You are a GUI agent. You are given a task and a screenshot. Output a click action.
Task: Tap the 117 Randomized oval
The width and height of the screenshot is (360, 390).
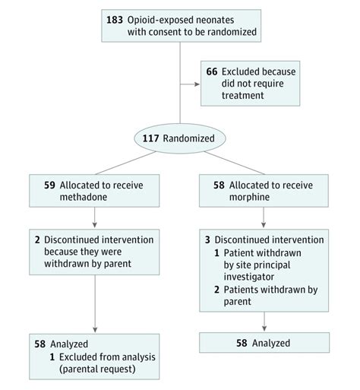pyautogui.click(x=180, y=139)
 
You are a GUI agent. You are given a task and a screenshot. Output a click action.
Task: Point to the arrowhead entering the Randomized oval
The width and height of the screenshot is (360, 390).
pyautogui.click(x=180, y=125)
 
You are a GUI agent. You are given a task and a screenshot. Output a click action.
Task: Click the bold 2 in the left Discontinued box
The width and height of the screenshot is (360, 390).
pyautogui.click(x=37, y=239)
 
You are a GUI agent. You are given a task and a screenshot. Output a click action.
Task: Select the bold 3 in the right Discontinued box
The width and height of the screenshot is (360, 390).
pyautogui.click(x=208, y=239)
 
